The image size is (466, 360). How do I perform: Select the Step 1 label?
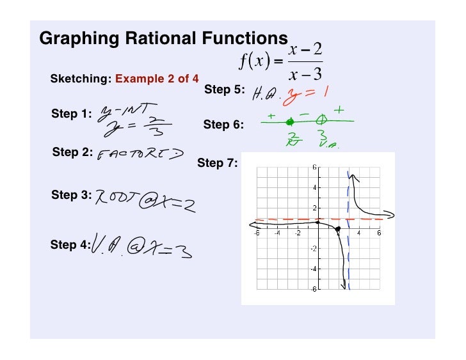71,114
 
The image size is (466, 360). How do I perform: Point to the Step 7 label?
217,163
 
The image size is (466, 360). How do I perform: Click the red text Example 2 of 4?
157,79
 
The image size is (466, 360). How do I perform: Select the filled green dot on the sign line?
291,121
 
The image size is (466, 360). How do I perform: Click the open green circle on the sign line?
323,120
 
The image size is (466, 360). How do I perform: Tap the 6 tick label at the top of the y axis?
314,168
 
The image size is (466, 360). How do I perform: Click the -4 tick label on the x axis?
277,233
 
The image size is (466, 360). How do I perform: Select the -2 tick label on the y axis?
314,249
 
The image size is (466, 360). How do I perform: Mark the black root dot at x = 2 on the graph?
338,228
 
